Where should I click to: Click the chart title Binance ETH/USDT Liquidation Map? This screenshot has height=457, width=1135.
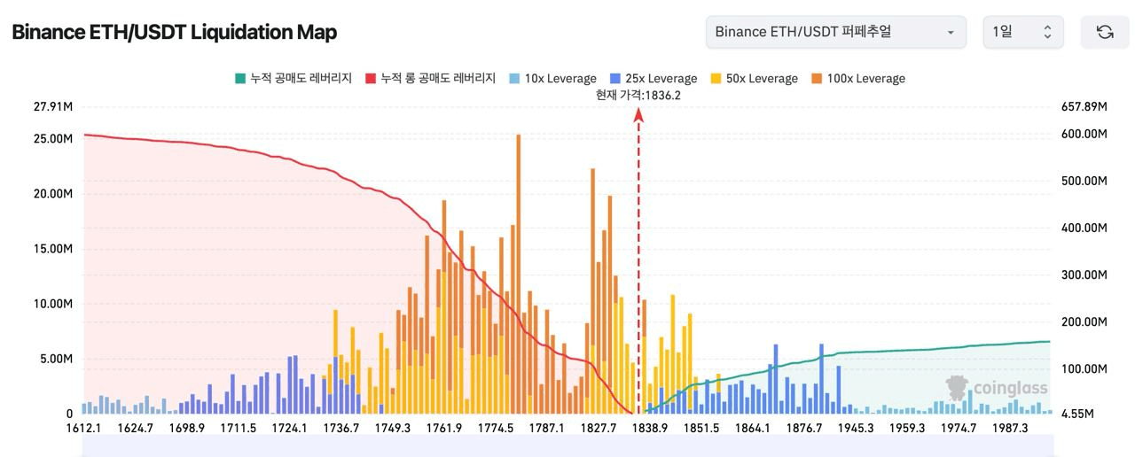[174, 33]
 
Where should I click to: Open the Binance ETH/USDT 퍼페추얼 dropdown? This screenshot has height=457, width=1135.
[836, 32]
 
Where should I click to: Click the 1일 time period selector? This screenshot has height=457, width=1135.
[1021, 32]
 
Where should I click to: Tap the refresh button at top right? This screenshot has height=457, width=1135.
[1104, 32]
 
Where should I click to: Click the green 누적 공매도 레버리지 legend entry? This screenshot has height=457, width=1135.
[294, 79]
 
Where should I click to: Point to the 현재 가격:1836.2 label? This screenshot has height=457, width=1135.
[639, 96]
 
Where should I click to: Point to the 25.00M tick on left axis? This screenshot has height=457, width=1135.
[54, 139]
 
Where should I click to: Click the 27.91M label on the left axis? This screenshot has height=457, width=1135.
[54, 107]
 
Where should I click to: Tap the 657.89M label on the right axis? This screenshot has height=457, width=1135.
[1084, 107]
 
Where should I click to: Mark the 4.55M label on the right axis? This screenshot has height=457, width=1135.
[1084, 414]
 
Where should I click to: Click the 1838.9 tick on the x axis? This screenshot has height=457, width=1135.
[651, 428]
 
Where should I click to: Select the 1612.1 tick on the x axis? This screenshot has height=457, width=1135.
[84, 428]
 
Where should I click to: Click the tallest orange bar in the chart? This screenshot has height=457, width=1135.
[518, 266]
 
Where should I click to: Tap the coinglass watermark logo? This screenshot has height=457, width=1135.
[997, 389]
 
